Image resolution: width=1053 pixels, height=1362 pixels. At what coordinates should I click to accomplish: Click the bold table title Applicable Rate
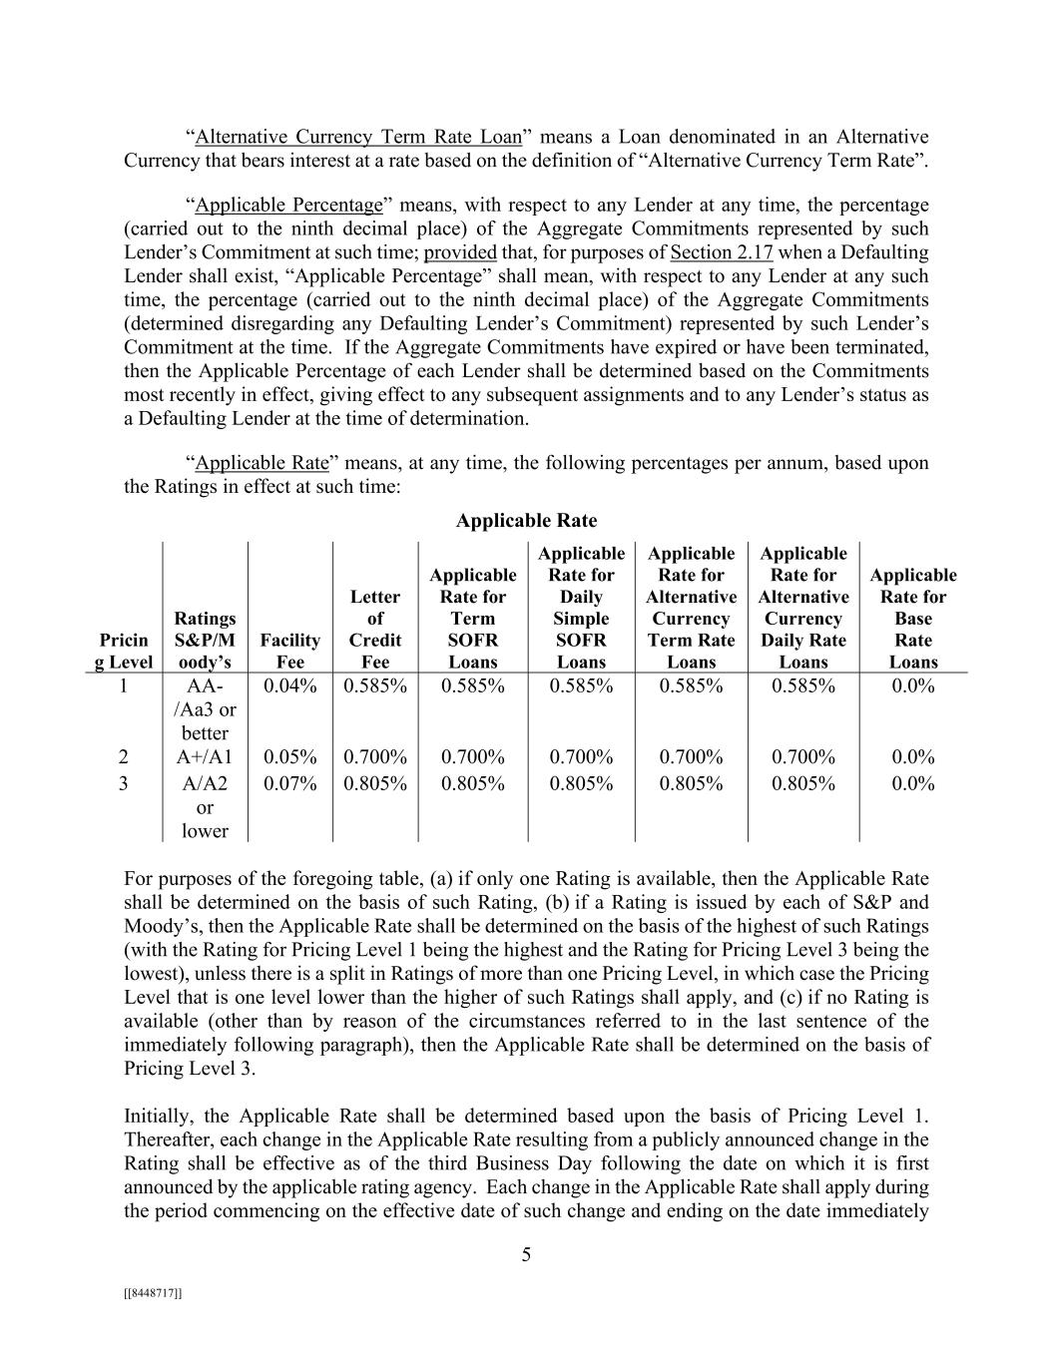526,520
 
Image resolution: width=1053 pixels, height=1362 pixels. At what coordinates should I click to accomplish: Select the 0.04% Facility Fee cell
289,685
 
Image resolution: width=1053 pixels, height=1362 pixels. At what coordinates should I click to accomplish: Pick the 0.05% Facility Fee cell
289,757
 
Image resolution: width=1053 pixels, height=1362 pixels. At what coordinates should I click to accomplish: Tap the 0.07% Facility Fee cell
289,783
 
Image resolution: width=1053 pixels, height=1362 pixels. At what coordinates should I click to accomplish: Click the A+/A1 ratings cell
205,757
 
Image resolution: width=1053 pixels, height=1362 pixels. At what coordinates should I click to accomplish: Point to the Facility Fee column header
289,651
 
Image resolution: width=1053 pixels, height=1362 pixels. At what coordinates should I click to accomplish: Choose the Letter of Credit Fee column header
375,629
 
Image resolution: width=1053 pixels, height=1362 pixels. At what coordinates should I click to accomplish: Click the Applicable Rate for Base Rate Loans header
913,618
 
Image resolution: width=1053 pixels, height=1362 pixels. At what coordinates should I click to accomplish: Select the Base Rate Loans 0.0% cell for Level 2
913,757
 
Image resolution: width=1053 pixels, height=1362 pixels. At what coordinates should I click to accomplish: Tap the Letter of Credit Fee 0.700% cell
375,757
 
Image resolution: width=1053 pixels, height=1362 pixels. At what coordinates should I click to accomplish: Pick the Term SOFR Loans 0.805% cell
473,783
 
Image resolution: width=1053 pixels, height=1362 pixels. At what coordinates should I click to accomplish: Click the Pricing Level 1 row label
123,685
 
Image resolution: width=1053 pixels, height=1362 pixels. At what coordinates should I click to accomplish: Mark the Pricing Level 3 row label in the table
123,783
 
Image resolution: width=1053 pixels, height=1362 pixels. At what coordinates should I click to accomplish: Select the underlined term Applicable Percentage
288,206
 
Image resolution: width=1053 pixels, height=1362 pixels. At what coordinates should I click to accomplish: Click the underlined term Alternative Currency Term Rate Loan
358,137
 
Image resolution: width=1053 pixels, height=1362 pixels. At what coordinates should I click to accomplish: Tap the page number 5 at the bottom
526,1255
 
